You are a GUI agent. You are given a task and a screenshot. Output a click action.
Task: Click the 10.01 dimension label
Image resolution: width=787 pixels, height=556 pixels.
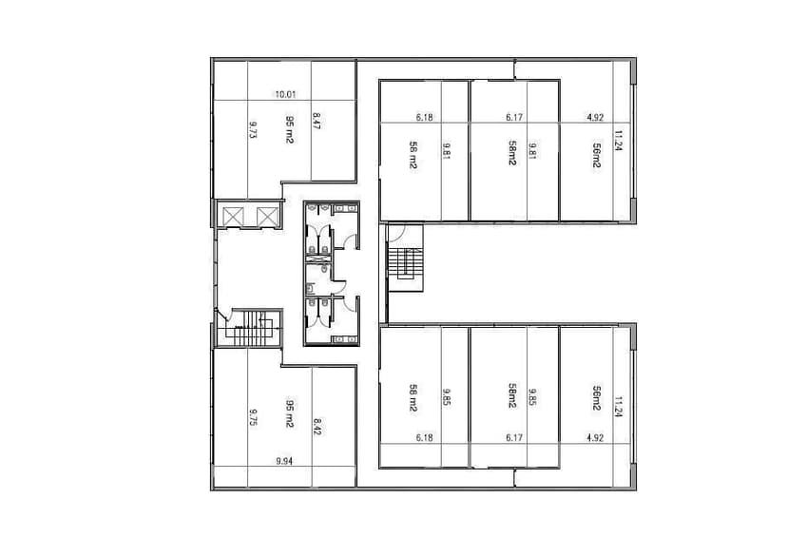[x=285, y=94]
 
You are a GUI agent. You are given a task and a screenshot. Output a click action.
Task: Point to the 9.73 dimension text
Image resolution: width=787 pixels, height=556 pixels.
[x=254, y=129]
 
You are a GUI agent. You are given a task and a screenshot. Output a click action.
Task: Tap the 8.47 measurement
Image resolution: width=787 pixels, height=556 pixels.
[x=317, y=124]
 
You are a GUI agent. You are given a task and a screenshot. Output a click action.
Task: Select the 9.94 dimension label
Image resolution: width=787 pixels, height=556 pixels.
[x=283, y=460]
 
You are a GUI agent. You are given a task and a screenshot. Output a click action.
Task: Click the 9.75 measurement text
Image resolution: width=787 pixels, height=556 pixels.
[x=254, y=417]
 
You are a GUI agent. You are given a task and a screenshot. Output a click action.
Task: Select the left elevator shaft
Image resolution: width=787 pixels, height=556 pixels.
[x=232, y=216]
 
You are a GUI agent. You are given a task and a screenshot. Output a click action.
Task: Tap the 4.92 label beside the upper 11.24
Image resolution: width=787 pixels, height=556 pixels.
[x=595, y=118]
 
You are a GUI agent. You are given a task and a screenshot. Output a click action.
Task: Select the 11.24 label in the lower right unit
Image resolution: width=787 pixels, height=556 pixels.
[x=619, y=407]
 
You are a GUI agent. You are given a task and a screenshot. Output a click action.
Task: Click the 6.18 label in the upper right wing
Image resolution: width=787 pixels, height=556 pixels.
[x=424, y=118]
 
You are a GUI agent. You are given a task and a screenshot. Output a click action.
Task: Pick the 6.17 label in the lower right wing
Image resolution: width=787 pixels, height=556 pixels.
[x=514, y=438]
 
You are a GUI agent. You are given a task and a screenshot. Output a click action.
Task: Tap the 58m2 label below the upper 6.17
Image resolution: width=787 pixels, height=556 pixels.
[x=511, y=153]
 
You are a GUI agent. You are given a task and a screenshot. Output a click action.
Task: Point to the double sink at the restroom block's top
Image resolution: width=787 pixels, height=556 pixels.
[x=333, y=205]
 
